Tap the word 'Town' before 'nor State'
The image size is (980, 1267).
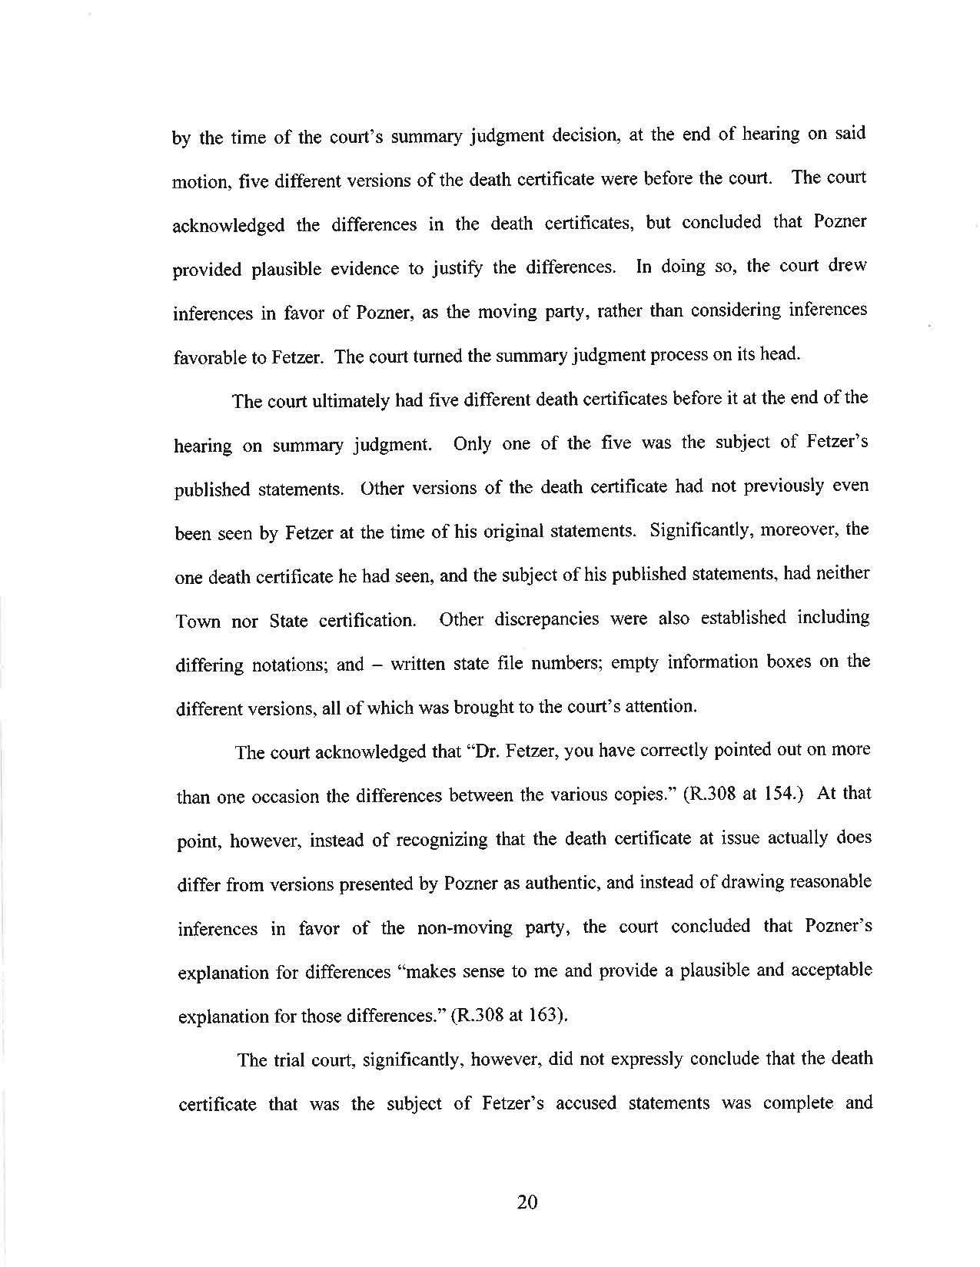pyautogui.click(x=198, y=621)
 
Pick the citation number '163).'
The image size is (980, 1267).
pyautogui.click(x=546, y=1016)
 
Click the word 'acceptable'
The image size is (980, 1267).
pyautogui.click(x=833, y=970)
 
